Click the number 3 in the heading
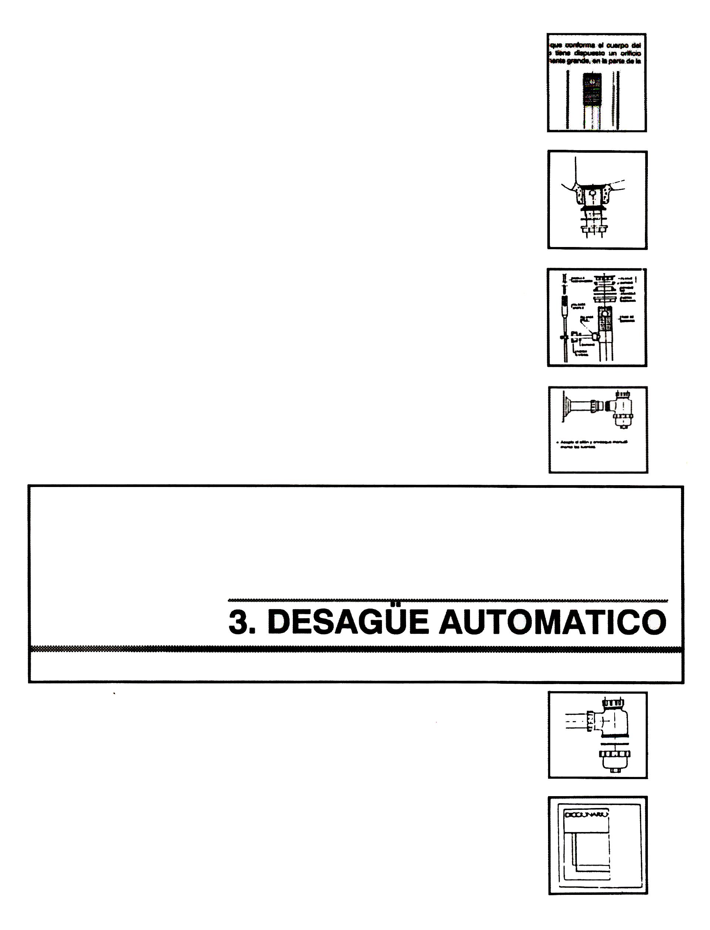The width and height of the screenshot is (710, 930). click(238, 622)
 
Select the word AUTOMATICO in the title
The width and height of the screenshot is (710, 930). click(553, 622)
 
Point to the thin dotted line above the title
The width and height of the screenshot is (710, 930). click(448, 600)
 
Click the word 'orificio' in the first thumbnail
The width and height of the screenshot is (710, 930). click(630, 53)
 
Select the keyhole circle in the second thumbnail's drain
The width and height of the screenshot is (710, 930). click(593, 193)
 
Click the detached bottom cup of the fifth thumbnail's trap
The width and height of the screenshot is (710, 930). click(614, 759)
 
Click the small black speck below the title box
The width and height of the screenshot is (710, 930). click(114, 693)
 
